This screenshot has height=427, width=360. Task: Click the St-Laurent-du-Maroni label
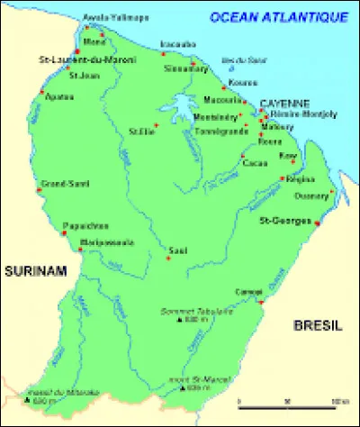[75, 59]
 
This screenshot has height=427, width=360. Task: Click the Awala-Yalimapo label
[103, 17]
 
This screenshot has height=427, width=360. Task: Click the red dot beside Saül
[167, 258]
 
